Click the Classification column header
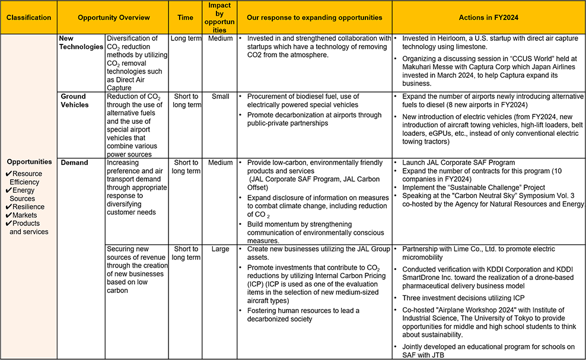[28, 18]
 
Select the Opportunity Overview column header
[113, 18]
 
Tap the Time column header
[185, 18]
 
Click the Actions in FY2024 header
[488, 18]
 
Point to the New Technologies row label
[81, 42]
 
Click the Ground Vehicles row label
[74, 100]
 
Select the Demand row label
[74, 163]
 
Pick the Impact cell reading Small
[219, 97]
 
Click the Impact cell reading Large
[219, 249]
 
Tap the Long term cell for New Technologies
[186, 39]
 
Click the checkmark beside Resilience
[8, 207]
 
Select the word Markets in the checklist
[25, 215]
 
